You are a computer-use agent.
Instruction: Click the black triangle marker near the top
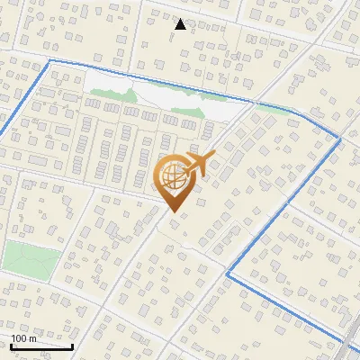[181, 24]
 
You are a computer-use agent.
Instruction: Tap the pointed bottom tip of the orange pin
[172, 212]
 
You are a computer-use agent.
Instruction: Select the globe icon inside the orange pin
[172, 176]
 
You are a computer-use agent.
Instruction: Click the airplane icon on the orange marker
[200, 164]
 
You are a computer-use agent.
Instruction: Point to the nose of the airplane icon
[214, 155]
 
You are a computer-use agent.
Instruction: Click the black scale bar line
[41, 346]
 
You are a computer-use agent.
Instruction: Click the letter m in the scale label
[33, 338]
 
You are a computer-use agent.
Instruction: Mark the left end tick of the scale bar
[11, 345]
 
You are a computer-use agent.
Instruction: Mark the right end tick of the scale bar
[72, 345]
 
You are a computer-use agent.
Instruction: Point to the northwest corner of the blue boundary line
[49, 60]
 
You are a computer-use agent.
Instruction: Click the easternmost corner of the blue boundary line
[340, 139]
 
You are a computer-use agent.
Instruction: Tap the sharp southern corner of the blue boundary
[226, 275]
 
